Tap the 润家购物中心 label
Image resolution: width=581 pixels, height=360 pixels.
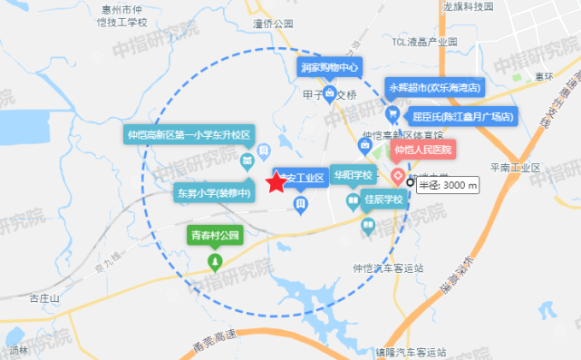329,67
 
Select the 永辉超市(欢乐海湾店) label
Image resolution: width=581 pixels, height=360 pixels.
435,88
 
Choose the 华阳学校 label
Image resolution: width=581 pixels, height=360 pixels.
352,175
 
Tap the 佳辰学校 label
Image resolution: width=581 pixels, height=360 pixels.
382,199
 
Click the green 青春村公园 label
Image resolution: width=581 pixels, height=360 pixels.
215,235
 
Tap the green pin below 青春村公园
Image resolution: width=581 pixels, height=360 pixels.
215,263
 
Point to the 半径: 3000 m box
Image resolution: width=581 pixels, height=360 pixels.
447,185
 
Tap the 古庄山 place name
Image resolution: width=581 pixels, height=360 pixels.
44,298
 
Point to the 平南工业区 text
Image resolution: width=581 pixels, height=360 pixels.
514,168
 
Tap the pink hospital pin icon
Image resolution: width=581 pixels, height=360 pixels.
397,175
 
